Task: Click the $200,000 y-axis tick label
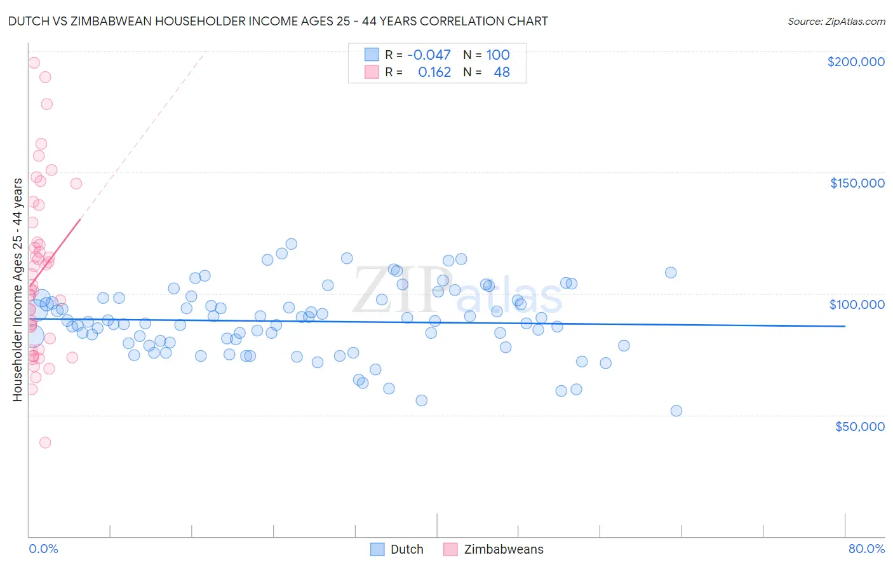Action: pos(856,62)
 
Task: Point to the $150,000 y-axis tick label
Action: pos(857,183)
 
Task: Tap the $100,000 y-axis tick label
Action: pos(857,304)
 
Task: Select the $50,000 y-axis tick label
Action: pos(859,426)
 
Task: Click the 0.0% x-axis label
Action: pos(43,549)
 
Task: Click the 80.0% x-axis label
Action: pos(866,549)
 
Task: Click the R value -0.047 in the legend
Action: pos(429,55)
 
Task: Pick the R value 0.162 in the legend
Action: pos(434,72)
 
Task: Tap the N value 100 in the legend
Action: pos(498,55)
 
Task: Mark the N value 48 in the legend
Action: pos(502,72)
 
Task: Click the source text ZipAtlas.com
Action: pos(855,21)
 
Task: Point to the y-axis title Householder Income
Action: pos(17,289)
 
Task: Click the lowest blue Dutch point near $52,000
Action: pos(676,411)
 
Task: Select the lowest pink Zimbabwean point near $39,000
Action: pos(45,442)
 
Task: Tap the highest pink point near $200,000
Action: pos(34,63)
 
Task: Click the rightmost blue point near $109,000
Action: pos(671,272)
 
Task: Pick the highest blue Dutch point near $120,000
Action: pos(292,243)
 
